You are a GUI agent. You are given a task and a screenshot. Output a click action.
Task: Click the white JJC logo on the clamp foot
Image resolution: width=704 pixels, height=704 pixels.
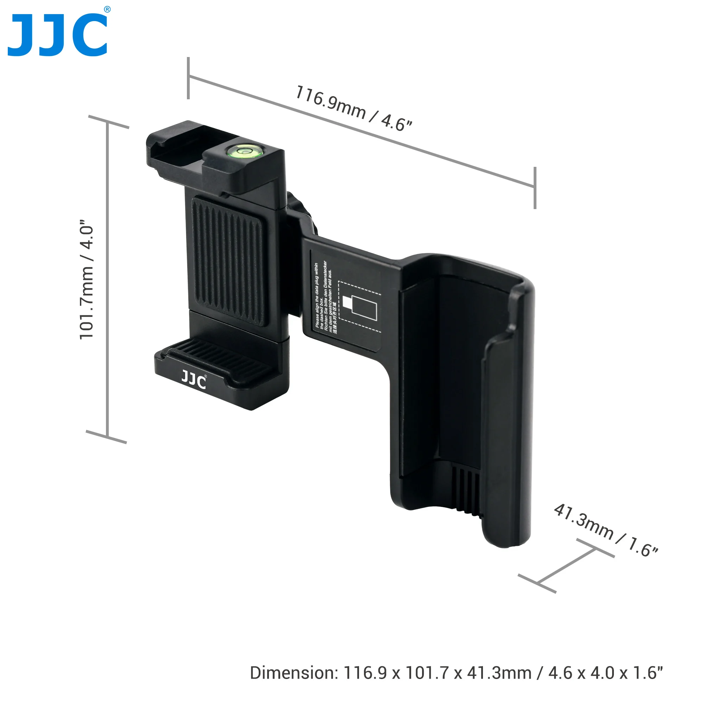click(194, 381)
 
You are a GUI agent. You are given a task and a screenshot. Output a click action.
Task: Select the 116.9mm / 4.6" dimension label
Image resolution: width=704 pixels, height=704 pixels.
click(353, 108)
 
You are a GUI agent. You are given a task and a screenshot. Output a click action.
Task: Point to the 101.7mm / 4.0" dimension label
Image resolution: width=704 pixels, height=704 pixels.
click(87, 279)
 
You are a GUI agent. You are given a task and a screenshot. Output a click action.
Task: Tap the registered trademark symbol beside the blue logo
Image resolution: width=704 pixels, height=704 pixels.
click(107, 10)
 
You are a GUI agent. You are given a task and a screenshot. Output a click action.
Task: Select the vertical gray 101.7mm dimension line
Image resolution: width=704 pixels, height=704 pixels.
click(107, 279)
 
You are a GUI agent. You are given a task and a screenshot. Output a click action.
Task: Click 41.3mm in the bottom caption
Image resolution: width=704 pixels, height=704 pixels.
click(499, 673)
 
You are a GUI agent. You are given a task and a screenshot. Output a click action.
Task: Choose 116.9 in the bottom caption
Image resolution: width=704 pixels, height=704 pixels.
click(365, 673)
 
